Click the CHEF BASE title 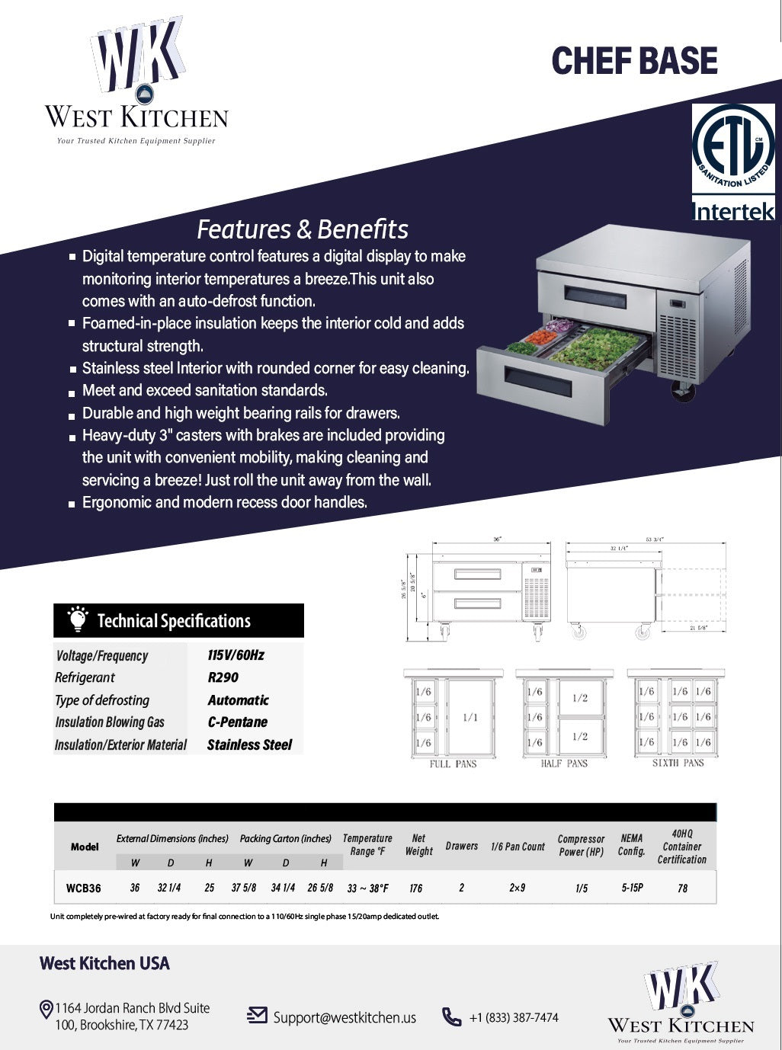pos(634,61)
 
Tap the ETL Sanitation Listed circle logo pos(732,147)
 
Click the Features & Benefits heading pos(303,229)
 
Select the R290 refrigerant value pos(223,677)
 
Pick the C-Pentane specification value pos(237,722)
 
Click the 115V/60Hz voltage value pos(236,655)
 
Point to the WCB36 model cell pos(83,888)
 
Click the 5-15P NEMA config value pos(632,888)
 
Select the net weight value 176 pos(416,888)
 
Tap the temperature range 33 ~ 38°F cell pos(367,888)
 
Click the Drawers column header pos(462,847)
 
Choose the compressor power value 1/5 pos(582,888)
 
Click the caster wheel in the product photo pos(682,392)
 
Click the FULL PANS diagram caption pos(453,763)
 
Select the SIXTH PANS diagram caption pos(678,763)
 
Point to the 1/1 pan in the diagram pos(470,717)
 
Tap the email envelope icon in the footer pos(258,1016)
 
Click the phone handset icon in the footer pos(452,1017)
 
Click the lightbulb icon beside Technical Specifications pos(77,620)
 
